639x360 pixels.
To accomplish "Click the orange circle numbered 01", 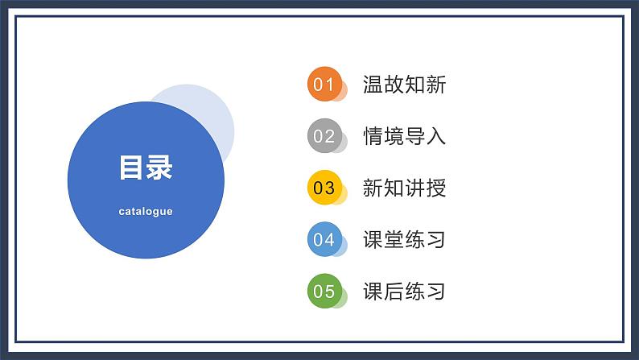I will (324, 85).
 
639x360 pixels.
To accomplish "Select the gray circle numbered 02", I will (324, 136).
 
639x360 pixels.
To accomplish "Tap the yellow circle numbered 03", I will (324, 188).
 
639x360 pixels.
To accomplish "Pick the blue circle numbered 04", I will (324, 239).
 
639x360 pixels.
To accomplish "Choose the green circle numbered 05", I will (324, 291).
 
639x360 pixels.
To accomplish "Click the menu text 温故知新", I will (404, 85).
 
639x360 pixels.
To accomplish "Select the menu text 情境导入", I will (404, 136).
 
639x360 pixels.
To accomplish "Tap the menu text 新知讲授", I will (404, 188).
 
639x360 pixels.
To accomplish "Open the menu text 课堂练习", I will (404, 240).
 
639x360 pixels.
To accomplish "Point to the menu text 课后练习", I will (404, 292).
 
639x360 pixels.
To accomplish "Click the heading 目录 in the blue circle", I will (146, 168).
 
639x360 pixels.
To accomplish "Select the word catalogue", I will (146, 212).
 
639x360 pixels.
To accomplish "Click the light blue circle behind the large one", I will (209, 113).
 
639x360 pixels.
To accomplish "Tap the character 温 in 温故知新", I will (373, 85).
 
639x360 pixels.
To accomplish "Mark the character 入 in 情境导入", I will (435, 136).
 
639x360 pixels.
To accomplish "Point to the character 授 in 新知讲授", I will (435, 188).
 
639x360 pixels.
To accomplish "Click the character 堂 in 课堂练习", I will (394, 240).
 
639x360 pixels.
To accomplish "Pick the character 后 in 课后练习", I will (394, 292).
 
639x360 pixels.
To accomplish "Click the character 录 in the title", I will (159, 168).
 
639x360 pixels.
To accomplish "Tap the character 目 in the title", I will (132, 168).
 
